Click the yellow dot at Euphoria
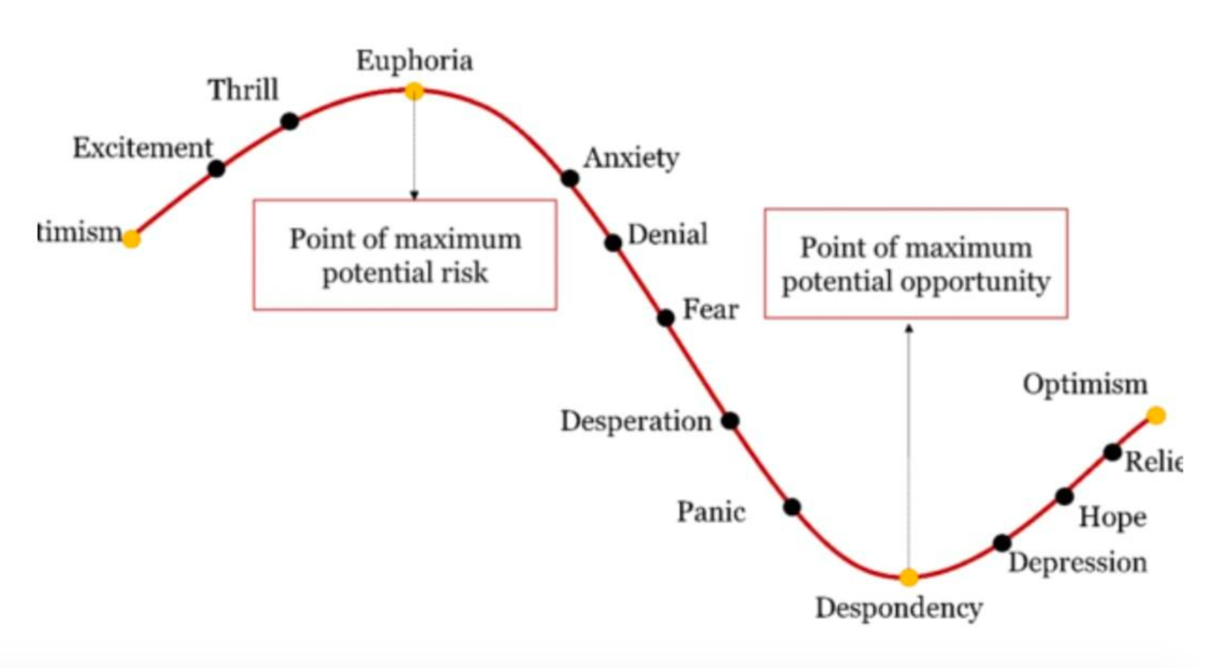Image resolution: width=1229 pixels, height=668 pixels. coord(415,91)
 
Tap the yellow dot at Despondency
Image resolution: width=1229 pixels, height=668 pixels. coord(909,577)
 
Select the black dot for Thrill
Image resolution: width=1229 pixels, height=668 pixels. coord(289,121)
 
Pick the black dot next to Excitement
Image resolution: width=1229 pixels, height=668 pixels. coord(216,169)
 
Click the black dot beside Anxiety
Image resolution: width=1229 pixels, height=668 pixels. coord(569,178)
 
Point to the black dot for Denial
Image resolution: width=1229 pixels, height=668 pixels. coord(613,243)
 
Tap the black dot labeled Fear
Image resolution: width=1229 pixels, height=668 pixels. coord(666,317)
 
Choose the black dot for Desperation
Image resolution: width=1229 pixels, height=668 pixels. coord(730,420)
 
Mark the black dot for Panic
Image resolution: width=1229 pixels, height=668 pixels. coord(791,507)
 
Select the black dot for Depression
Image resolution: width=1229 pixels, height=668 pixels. coord(1001,543)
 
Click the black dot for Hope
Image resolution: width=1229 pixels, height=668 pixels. coord(1064,496)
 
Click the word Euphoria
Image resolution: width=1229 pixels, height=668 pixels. coord(415,61)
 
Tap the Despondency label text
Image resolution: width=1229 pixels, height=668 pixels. coord(899,608)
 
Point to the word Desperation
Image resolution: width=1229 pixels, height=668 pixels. coord(636,421)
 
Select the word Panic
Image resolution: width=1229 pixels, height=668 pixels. coord(710,512)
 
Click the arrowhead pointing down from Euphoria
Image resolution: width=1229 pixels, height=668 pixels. coord(415,195)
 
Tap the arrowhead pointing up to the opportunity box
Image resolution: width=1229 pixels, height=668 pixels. coord(909,329)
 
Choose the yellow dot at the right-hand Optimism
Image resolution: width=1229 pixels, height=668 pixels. coord(1156,416)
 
